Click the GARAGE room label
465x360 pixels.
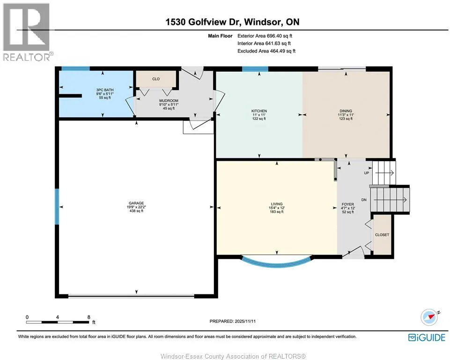(x=136, y=203)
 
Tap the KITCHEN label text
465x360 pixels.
(x=259, y=111)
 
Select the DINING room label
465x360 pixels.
(x=346, y=111)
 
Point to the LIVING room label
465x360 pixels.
(x=277, y=204)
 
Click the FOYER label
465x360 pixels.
(x=348, y=204)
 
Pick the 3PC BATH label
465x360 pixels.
(x=105, y=90)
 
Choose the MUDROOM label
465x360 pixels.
(x=169, y=101)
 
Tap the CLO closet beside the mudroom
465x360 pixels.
(x=156, y=79)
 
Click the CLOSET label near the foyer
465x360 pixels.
(x=382, y=235)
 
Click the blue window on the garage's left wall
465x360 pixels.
(x=57, y=207)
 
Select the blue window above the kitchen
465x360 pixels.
(x=255, y=69)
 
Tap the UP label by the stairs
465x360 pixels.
(x=367, y=173)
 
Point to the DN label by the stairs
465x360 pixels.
(x=364, y=200)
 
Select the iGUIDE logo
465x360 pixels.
(x=427, y=337)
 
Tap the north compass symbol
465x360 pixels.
(x=430, y=317)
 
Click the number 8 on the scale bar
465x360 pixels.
(x=89, y=317)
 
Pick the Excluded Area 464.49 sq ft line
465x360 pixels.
(x=266, y=51)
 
